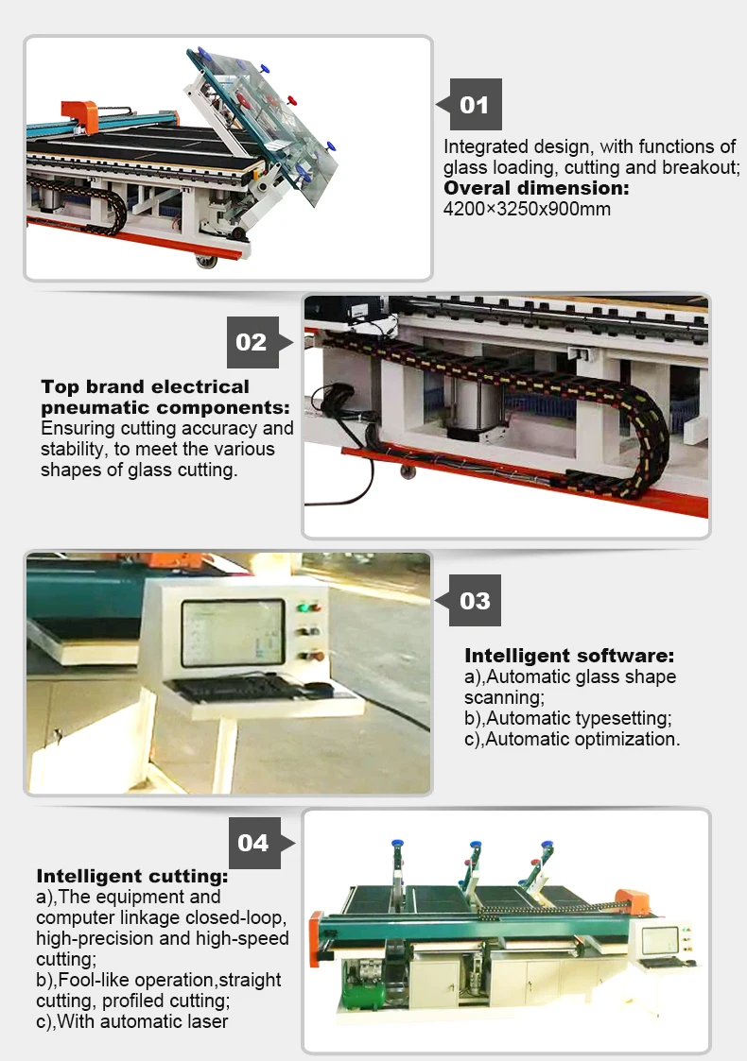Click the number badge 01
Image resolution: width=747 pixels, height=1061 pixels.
[476, 104]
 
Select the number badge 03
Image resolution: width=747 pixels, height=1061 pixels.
[475, 600]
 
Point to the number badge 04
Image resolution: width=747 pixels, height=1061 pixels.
[255, 843]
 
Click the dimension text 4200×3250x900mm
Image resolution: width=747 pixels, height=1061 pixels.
[527, 209]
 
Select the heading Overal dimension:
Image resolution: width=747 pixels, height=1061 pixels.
[536, 188]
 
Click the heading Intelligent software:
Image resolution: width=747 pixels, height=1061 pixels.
[569, 656]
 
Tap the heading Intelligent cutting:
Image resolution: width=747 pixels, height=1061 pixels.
[132, 876]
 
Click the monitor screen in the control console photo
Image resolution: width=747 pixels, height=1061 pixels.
[233, 633]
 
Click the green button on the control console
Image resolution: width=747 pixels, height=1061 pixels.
[304, 608]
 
